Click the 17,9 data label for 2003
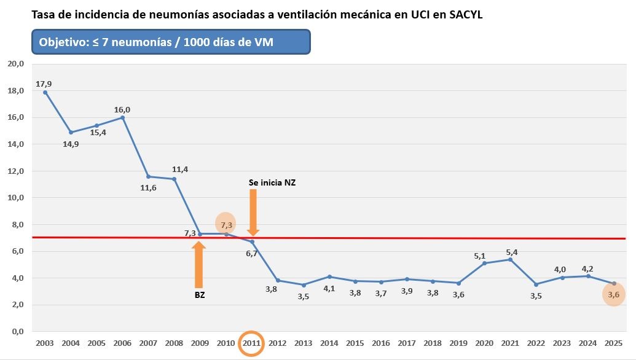pos(44,84)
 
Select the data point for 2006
pos(122,117)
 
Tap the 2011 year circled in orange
pos(252,343)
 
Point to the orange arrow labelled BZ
pos(198,264)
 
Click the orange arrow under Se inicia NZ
pos(253,211)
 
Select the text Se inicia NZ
pos(272,182)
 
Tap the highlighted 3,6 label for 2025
pos(613,295)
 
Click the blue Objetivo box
pos(171,42)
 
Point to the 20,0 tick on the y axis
pos(16,64)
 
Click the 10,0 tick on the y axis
pos(16,198)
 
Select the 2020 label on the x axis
pos(484,343)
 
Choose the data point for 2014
pos(329,276)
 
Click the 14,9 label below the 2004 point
pos(71,144)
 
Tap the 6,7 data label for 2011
pos(251,253)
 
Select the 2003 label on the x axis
pos(45,343)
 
